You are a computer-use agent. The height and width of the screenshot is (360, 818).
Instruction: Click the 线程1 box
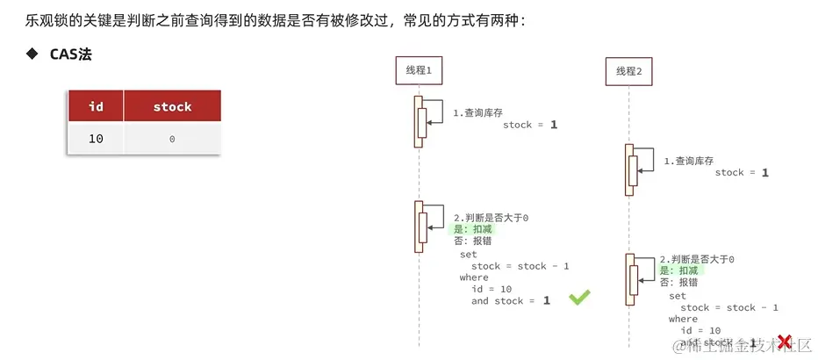pos(419,69)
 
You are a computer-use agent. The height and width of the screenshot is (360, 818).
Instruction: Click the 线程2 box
pos(629,71)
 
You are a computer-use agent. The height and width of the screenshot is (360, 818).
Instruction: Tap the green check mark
pos(579,298)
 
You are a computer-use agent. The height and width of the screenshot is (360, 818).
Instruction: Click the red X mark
pos(784,342)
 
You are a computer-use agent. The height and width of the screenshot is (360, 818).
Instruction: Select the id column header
pos(97,106)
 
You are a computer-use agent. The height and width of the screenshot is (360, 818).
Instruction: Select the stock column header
pos(172,106)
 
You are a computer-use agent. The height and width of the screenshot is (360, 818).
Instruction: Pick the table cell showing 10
pos(97,139)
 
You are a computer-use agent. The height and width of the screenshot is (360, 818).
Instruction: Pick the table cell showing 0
pos(172,139)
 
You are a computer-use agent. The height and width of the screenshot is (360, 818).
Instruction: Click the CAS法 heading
pos(71,54)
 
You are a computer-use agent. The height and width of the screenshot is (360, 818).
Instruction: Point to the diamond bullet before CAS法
pos(32,54)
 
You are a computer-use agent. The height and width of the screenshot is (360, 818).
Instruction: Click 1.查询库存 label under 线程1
pos(477,113)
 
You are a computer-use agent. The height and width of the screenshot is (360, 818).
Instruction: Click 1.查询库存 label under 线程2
pos(688,161)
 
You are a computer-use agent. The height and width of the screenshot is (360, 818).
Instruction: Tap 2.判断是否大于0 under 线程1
pos(491,217)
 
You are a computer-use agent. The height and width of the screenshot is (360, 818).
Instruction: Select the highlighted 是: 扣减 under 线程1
pos(473,228)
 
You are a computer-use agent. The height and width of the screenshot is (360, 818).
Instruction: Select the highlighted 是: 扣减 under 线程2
pos(681,271)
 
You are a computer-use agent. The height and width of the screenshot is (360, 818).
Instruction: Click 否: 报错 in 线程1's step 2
pos(472,241)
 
